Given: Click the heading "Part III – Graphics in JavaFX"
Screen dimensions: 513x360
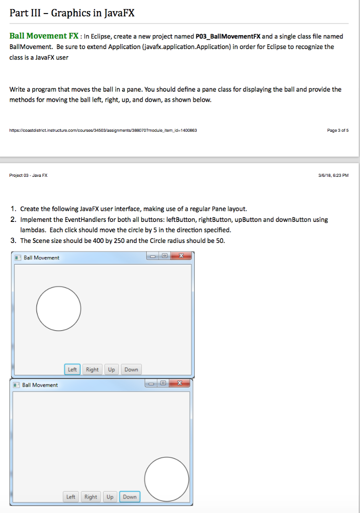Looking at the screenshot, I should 72,13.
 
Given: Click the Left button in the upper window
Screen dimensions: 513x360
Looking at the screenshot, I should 73,370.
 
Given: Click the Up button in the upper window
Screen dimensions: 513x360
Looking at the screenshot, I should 111,370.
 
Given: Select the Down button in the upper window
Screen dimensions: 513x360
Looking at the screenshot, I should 131,370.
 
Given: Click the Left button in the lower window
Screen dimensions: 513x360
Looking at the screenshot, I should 71,497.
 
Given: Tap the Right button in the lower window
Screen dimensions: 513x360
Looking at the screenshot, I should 91,497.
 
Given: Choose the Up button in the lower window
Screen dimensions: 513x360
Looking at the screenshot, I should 110,497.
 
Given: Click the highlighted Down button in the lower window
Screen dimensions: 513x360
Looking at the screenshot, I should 130,497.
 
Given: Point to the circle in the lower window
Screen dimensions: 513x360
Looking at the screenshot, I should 167,478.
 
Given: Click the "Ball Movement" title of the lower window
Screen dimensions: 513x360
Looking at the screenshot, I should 40,385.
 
